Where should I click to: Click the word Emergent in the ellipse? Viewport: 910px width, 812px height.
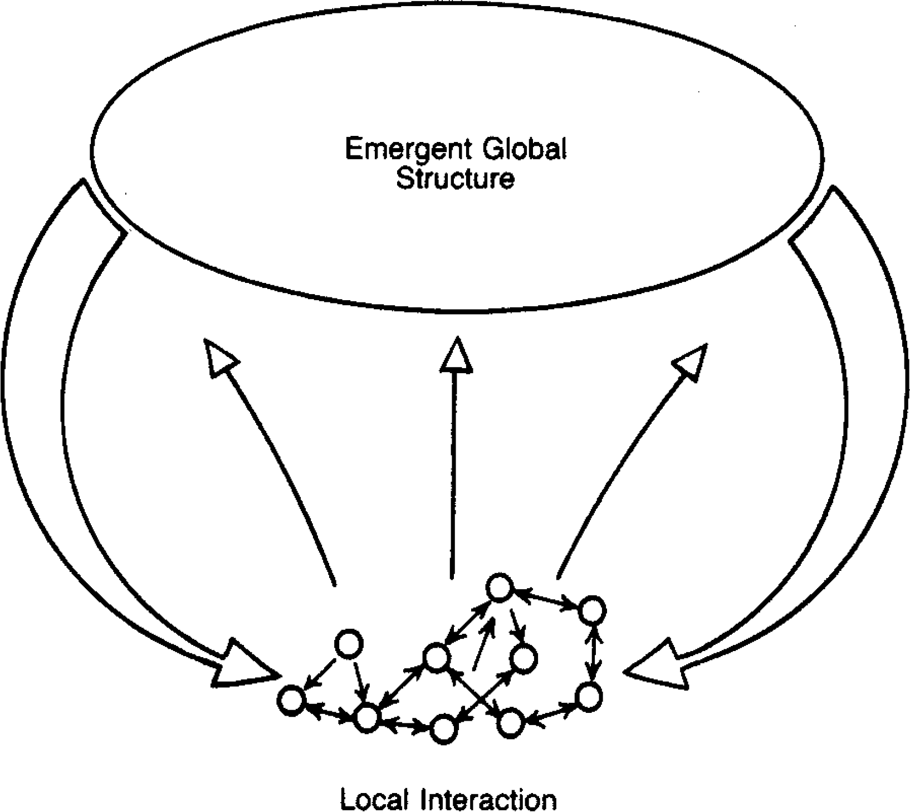[404, 150]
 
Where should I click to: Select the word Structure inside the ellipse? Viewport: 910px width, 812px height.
[455, 179]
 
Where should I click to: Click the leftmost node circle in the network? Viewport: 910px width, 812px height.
[291, 700]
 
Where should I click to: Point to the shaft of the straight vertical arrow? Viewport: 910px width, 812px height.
[453, 473]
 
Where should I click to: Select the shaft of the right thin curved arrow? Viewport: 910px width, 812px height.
[618, 473]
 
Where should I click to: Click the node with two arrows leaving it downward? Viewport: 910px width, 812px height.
[349, 645]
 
